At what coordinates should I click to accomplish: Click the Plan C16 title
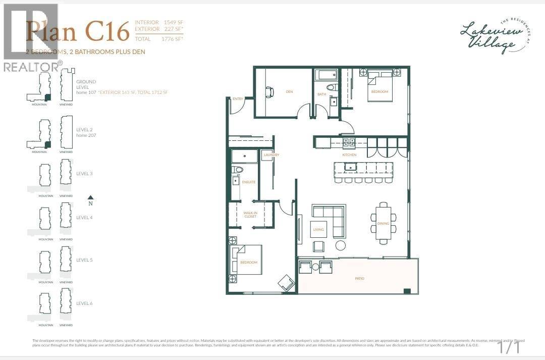[x=78, y=31]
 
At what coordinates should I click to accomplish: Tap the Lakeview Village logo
[x=488, y=36]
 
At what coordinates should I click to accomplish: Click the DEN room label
[x=289, y=92]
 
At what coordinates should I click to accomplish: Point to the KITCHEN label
[x=350, y=155]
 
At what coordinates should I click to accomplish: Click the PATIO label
[x=359, y=278]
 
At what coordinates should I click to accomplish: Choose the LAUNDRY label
[x=271, y=155]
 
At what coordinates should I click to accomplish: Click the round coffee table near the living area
[x=341, y=245]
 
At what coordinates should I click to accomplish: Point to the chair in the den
[x=269, y=92]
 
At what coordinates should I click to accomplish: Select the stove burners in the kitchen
[x=349, y=142]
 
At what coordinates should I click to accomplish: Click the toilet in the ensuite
[x=237, y=170]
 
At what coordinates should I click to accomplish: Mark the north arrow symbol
[x=90, y=198]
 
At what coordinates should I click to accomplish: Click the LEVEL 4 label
[x=84, y=217]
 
